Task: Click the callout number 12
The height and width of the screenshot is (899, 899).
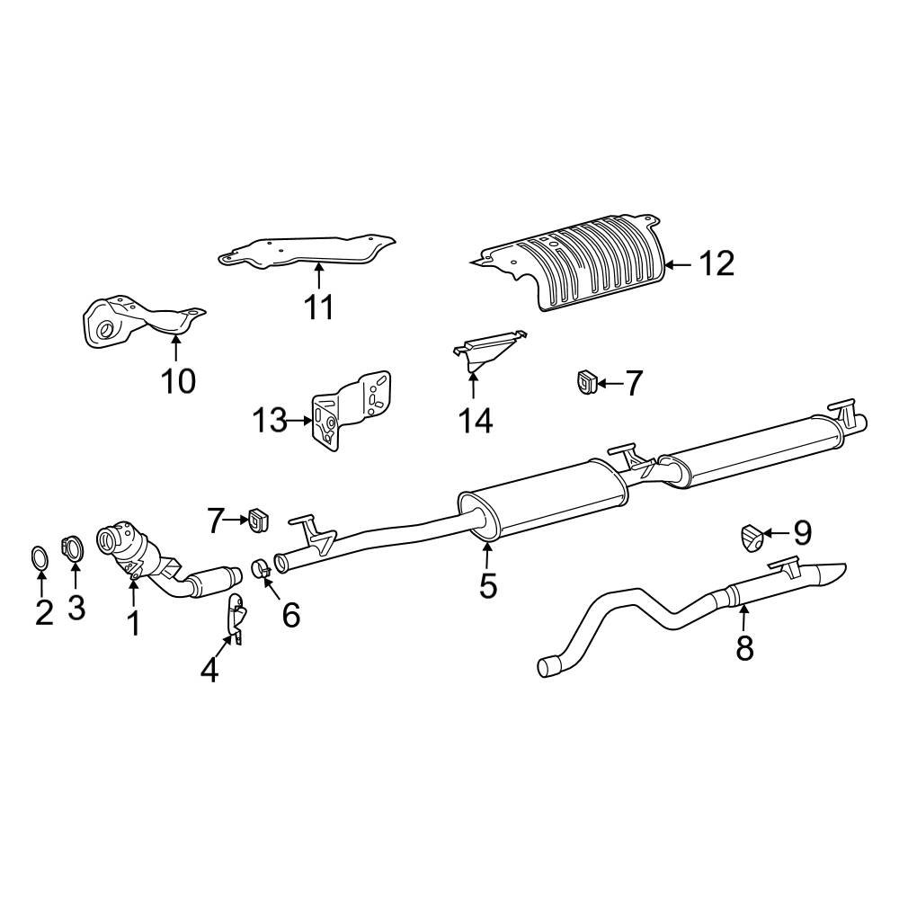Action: point(717,263)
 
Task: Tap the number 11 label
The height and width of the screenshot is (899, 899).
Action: point(318,307)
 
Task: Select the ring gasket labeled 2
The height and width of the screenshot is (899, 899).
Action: point(40,558)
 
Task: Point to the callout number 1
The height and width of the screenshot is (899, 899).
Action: point(133,622)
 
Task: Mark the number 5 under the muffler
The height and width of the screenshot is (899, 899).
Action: point(487,585)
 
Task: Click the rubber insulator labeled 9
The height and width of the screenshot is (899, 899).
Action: point(752,536)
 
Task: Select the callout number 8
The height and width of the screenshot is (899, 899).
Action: point(744,647)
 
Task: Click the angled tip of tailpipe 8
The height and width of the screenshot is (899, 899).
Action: point(830,573)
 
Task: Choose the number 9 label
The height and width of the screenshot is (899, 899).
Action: point(800,533)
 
